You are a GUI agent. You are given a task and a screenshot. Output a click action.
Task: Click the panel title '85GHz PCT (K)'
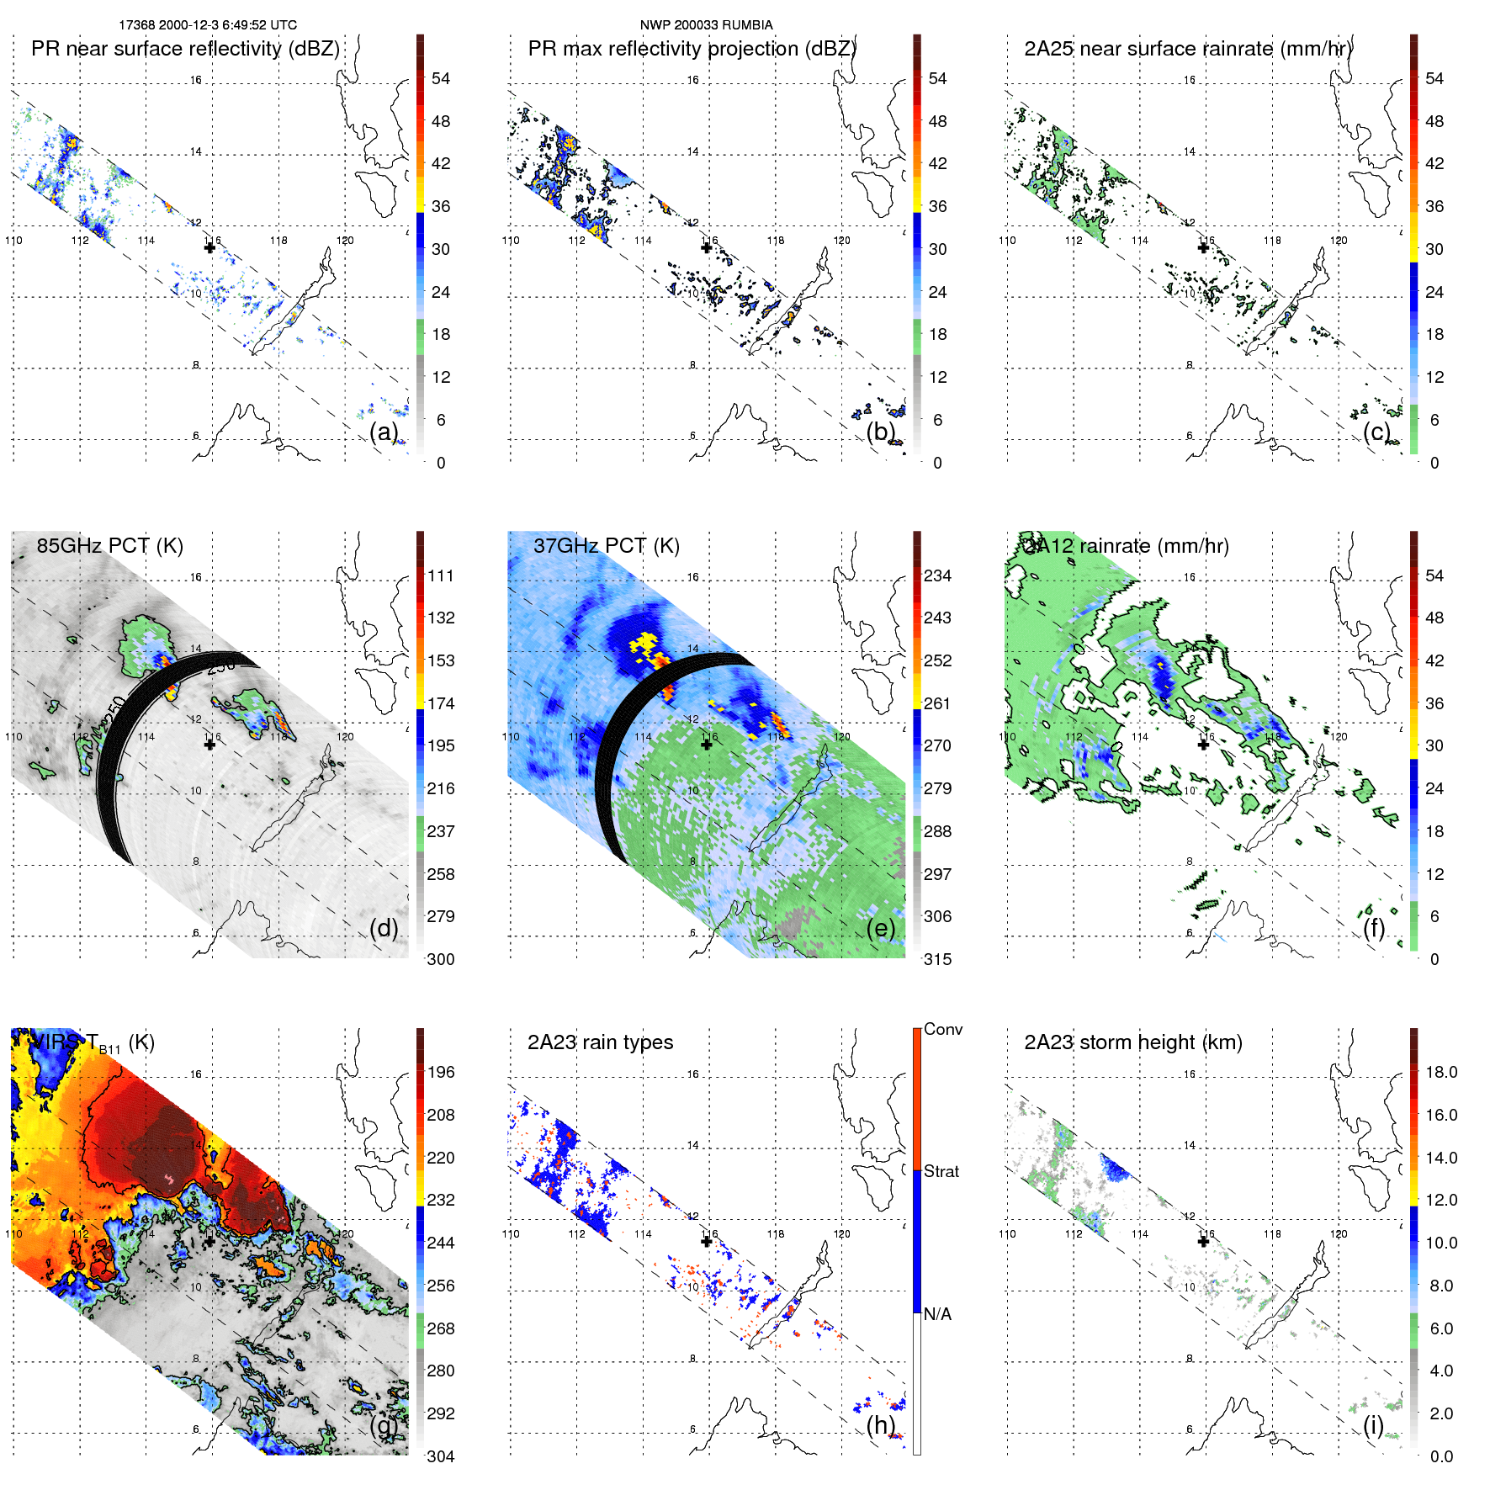(x=109, y=546)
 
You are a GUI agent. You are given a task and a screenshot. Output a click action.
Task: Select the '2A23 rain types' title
(x=600, y=1042)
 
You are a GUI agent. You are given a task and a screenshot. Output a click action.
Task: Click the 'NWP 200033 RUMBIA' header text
(x=706, y=25)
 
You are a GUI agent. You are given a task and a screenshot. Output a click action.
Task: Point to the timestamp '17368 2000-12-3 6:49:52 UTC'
(x=208, y=25)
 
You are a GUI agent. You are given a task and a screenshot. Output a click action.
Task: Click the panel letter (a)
(x=384, y=432)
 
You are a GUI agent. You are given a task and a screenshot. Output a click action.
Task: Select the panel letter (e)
(x=880, y=928)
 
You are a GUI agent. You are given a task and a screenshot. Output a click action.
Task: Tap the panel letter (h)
(x=880, y=1424)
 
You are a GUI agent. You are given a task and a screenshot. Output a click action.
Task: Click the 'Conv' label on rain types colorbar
(x=942, y=1029)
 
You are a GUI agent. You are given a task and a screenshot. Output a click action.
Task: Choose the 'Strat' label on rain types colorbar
(x=941, y=1171)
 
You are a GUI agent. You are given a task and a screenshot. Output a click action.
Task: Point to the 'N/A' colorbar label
(x=937, y=1314)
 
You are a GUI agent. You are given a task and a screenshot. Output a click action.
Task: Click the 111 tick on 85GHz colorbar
(x=441, y=575)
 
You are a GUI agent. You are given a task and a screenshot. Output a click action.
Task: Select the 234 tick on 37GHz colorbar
(x=937, y=575)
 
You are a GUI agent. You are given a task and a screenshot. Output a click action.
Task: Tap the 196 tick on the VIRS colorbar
(x=441, y=1072)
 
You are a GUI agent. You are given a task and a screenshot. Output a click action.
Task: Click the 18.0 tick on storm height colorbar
(x=1440, y=1072)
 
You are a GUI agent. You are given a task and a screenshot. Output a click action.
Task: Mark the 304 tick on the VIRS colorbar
(x=441, y=1456)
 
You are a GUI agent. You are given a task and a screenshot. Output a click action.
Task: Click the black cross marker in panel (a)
(x=209, y=247)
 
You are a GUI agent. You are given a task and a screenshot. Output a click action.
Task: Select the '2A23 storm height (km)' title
(x=1132, y=1042)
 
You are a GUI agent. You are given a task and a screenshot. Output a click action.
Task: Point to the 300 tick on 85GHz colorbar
(x=441, y=959)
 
